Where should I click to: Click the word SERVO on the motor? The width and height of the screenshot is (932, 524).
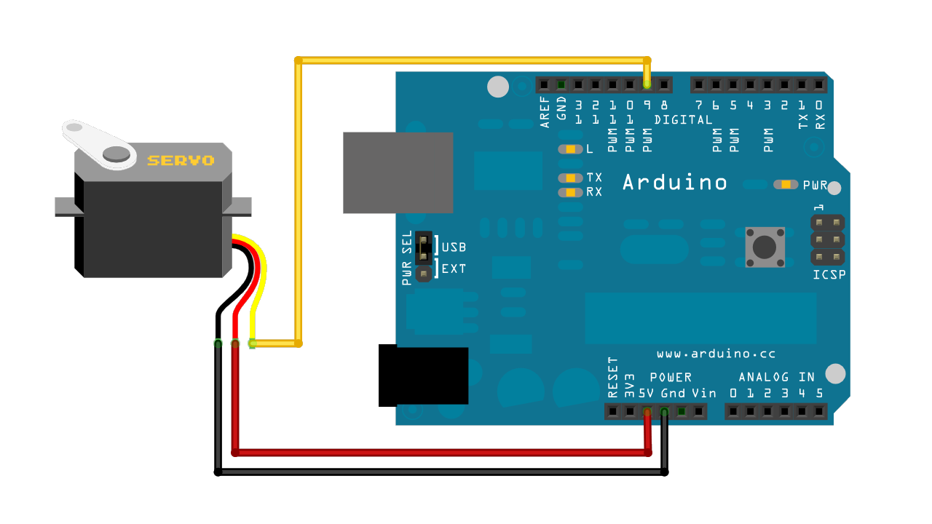click(x=181, y=160)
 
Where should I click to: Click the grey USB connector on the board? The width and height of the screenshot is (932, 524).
click(x=398, y=172)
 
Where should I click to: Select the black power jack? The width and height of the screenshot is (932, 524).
click(x=423, y=376)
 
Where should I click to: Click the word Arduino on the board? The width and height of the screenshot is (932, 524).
click(x=675, y=182)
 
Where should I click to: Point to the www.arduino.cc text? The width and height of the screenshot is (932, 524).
click(x=716, y=354)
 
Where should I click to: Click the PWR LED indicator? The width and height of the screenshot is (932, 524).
click(x=786, y=185)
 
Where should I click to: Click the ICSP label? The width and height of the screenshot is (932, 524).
click(x=829, y=274)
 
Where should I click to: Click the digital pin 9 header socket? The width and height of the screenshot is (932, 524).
click(x=647, y=84)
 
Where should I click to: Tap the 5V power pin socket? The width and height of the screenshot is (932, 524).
click(x=647, y=412)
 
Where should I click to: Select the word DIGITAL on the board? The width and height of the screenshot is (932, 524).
click(x=683, y=119)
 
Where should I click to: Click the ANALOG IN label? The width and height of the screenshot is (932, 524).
click(x=776, y=377)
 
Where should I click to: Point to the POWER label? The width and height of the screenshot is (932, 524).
click(x=671, y=377)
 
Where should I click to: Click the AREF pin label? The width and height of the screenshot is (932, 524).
click(x=545, y=112)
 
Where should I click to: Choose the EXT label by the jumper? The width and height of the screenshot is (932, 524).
click(x=454, y=269)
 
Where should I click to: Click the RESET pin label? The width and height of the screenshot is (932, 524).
click(x=612, y=377)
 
